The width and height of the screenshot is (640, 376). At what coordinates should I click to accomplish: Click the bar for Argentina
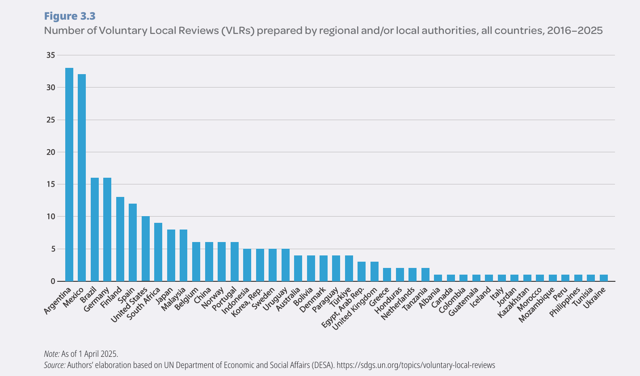pos(69,175)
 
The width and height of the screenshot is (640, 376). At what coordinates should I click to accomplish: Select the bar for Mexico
pos(82,178)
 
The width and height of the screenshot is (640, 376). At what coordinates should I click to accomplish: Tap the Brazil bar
pos(95,230)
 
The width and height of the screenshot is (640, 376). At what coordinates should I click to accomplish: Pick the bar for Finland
pos(120,239)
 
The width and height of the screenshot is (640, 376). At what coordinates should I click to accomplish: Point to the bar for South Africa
pos(158,252)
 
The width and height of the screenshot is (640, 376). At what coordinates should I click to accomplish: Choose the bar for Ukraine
pos(604,278)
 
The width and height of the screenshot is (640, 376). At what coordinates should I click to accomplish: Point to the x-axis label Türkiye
pos(341,297)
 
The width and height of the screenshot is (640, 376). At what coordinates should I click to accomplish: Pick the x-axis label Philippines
pos(565,302)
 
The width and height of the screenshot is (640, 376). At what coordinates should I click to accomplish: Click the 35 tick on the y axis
pos(50,55)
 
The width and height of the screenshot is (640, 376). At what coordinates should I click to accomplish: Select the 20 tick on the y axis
pos(50,152)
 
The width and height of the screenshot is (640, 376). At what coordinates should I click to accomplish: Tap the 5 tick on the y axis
pos(52,249)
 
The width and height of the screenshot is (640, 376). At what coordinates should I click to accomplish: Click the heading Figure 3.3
pos(70,16)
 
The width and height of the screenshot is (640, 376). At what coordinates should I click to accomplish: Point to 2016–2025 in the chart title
pos(575,30)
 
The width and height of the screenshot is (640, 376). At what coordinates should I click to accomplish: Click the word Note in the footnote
pos(51,354)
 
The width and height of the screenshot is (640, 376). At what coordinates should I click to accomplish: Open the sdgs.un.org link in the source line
pos(416,365)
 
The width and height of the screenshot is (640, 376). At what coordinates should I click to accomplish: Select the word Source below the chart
pos(54,365)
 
